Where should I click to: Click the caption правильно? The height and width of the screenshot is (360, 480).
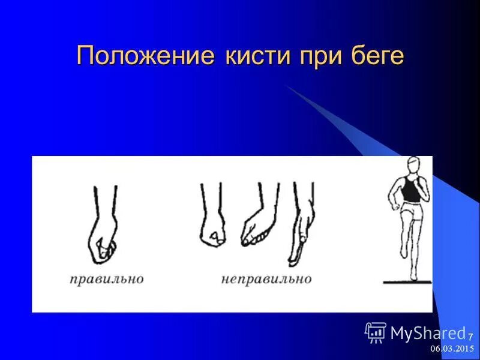point(106,279)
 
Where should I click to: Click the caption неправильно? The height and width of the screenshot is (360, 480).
point(266,279)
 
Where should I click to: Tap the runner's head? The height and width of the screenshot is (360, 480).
point(413,166)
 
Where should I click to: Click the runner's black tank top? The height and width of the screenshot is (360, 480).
point(410,191)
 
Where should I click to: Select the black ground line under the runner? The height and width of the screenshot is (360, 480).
point(408,282)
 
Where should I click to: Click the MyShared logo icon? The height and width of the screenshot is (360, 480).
point(376,332)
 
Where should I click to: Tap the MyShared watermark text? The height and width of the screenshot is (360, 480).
point(428,333)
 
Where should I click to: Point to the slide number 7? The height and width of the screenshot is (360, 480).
point(470,335)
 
